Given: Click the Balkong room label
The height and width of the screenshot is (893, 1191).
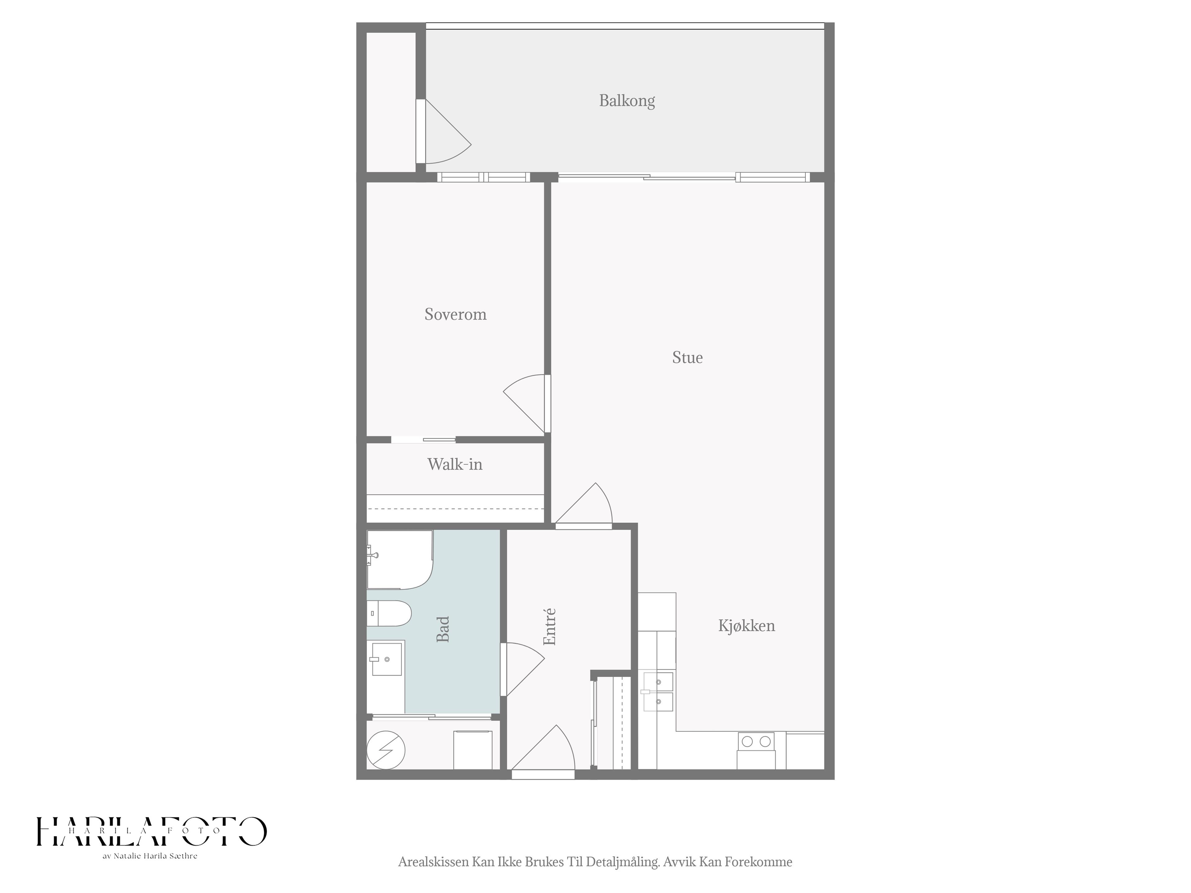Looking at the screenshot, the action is point(627,101).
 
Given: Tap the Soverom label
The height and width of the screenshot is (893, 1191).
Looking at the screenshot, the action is point(456,314).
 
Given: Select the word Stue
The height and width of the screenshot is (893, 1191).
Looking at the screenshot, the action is point(688,358).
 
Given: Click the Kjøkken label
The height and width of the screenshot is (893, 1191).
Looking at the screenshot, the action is point(747,625).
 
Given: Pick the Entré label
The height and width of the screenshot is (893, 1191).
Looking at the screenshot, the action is point(549,627).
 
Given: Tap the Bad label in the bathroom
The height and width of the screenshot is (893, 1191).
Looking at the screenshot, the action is point(443,629).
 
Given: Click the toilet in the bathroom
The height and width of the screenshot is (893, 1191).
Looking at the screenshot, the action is point(389,614).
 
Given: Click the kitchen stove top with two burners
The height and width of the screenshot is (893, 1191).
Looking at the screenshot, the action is point(756,741).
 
